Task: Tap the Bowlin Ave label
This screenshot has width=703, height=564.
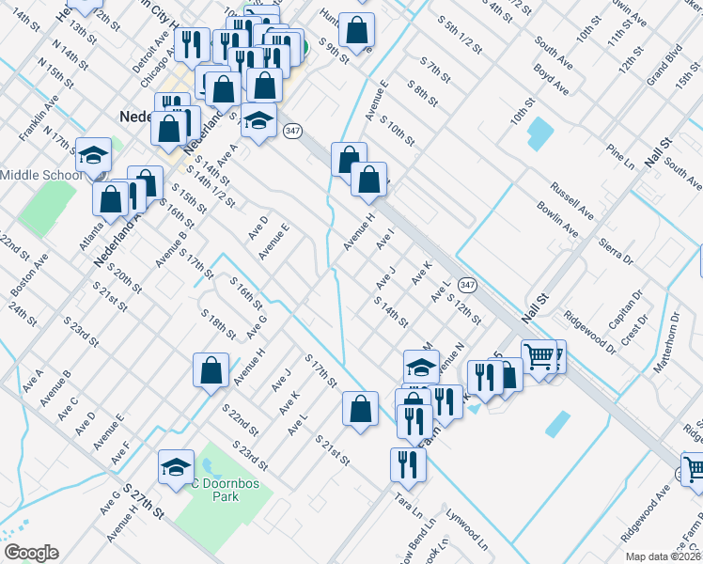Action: coord(557,217)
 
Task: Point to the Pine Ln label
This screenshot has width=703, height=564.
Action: coord(622,151)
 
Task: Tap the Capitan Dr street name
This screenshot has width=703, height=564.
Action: coord(625,309)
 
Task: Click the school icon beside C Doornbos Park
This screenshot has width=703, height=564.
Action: coord(176,467)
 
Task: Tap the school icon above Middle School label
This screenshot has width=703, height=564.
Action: coord(94,153)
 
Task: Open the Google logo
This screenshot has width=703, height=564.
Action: coord(31,553)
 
